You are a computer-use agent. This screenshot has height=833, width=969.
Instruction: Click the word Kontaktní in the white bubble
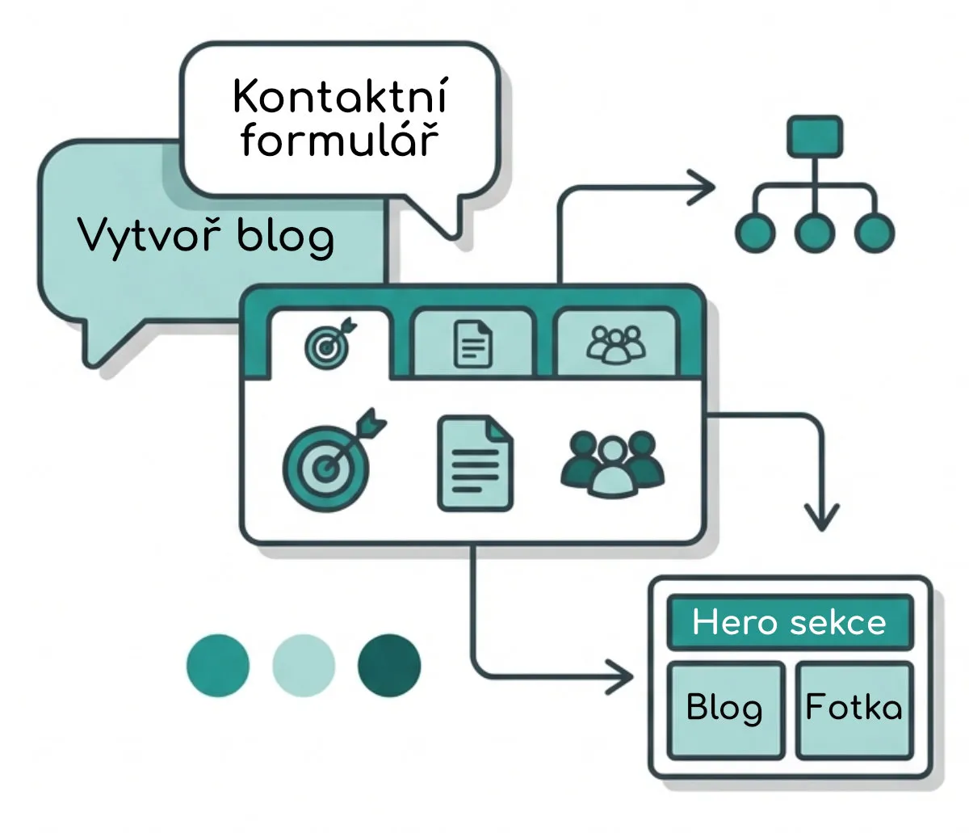(x=339, y=97)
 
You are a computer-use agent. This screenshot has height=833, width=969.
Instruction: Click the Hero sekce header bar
(x=789, y=623)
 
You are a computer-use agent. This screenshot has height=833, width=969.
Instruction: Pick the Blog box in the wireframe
(x=724, y=709)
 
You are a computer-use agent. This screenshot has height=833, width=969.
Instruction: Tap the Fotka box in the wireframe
(x=854, y=709)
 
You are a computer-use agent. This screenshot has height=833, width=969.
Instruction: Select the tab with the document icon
(x=473, y=344)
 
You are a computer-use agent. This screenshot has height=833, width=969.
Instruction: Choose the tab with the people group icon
(x=616, y=343)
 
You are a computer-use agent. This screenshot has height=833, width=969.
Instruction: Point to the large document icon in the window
(x=475, y=463)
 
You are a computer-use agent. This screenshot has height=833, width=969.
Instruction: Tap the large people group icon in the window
(x=613, y=463)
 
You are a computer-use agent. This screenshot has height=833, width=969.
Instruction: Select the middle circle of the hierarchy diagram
(x=814, y=233)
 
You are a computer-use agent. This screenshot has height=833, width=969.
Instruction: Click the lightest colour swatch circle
(x=304, y=667)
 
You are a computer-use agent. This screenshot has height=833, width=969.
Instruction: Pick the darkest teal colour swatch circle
(x=389, y=667)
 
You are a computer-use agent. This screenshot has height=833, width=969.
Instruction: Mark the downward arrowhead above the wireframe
(x=821, y=517)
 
